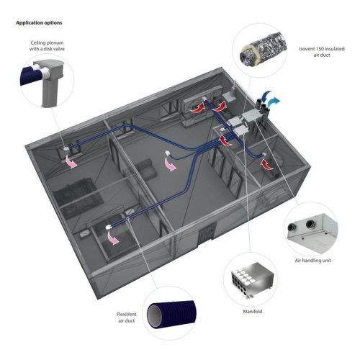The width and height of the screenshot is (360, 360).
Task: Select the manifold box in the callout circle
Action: click(x=243, y=277)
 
